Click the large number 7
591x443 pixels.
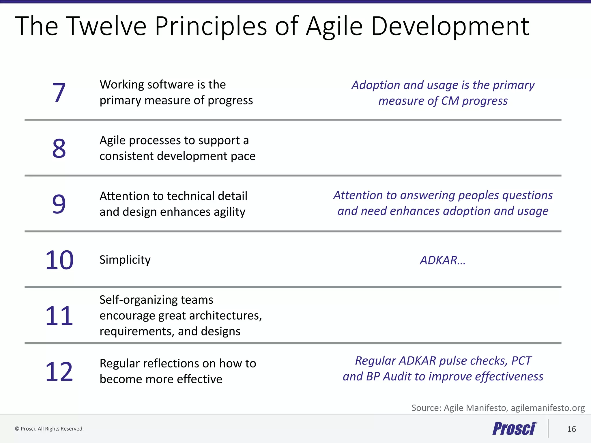59,93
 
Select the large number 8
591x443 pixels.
59,148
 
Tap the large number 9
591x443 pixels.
59,204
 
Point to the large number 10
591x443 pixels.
59,260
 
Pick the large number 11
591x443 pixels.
59,316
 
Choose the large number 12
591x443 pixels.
59,371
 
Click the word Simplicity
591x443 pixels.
125,260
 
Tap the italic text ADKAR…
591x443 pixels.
443,260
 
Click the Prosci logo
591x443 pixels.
515,429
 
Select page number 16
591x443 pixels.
571,429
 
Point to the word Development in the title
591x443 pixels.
450,26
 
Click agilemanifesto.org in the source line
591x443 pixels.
547,408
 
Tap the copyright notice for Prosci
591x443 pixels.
49,429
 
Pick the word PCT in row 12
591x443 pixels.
521,361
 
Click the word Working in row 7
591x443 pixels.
121,85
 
